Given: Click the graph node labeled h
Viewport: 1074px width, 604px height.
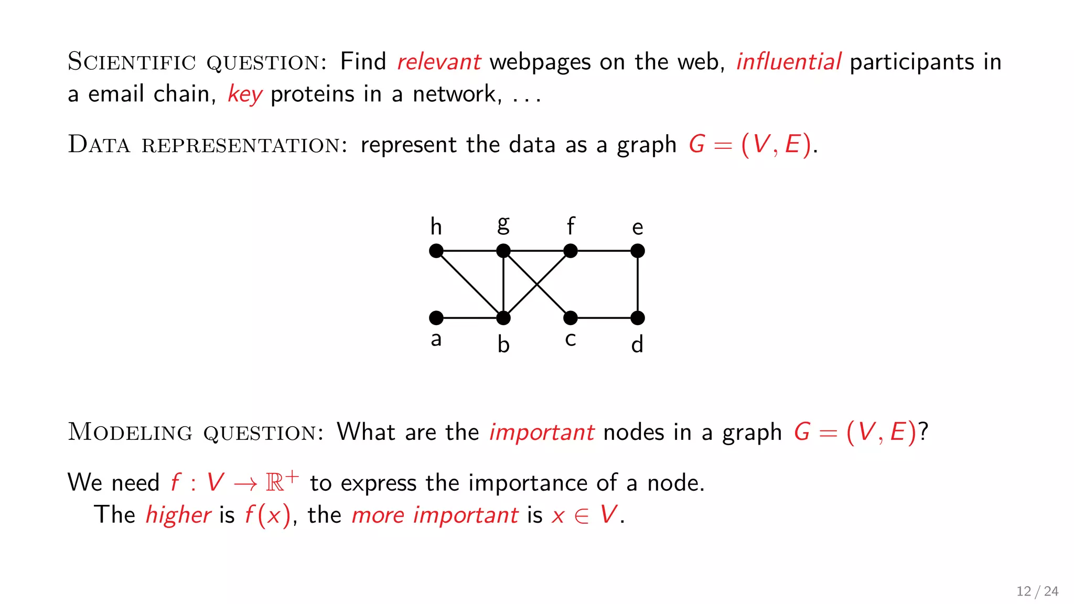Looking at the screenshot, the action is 436,251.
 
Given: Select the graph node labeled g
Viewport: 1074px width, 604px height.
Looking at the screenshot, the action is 503,251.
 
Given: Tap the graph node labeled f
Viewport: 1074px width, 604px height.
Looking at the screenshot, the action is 570,251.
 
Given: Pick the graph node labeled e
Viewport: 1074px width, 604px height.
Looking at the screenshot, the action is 637,251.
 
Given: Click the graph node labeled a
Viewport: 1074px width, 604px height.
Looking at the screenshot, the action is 436,318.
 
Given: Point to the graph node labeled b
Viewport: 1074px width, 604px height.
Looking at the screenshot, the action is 503,318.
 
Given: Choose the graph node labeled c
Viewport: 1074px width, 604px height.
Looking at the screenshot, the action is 570,318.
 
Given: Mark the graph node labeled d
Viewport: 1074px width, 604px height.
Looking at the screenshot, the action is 637,318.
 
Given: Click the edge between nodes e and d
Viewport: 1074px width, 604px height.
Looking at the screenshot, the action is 637,284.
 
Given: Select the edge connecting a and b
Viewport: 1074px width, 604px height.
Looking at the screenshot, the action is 469,318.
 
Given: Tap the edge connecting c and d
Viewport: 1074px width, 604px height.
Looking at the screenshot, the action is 604,318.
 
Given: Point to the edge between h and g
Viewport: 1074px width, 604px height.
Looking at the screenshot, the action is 469,251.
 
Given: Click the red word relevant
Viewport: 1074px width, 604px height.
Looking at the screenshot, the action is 438,62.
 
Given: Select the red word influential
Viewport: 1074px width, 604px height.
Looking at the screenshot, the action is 788,62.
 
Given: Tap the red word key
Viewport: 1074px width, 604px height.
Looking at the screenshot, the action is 244,95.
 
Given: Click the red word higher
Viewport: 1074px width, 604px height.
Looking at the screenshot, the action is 178,514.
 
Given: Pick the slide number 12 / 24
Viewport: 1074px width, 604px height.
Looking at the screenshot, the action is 1037,591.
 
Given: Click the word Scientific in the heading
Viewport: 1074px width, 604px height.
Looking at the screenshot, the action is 131,62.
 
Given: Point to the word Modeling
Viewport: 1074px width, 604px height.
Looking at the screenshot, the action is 130,432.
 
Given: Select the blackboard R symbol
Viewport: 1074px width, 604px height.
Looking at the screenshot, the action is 274,482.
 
